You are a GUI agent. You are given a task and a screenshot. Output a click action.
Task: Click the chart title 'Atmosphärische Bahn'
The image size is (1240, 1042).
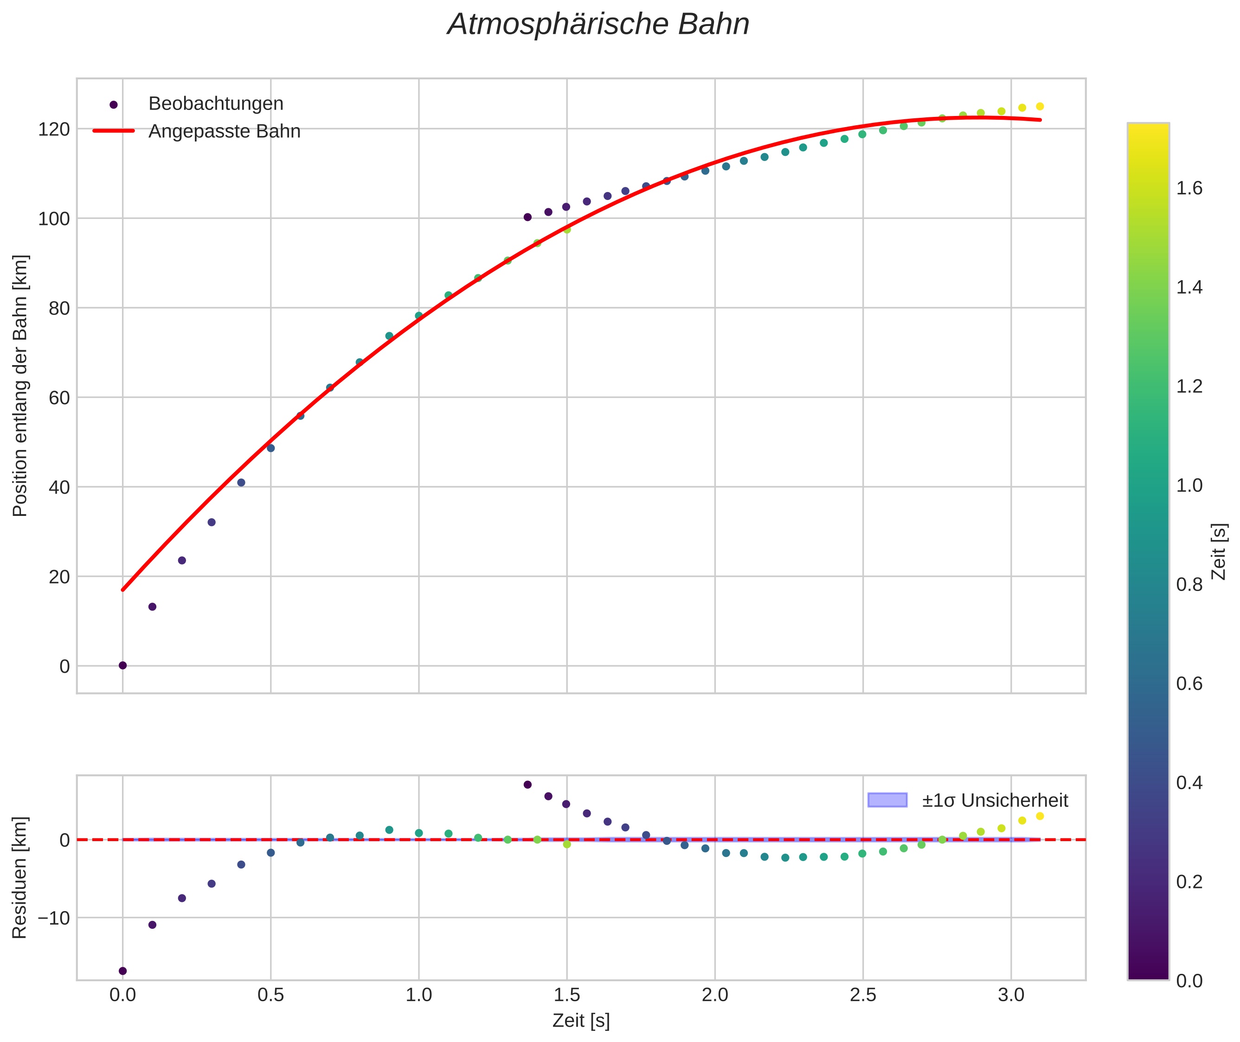598,25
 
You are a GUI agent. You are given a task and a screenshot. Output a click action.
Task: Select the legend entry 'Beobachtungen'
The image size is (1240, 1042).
216,104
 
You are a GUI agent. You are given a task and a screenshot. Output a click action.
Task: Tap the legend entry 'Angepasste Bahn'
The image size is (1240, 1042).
224,131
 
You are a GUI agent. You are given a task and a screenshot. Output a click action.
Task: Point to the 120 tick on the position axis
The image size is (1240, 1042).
54,129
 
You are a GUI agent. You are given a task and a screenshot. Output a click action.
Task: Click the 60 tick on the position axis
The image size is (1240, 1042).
59,398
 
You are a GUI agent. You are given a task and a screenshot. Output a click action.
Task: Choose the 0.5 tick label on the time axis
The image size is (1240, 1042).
270,995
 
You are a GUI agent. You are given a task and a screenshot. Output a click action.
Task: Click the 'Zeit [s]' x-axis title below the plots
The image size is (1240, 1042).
581,1021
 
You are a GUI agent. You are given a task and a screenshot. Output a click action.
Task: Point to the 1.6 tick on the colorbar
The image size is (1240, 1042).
1189,188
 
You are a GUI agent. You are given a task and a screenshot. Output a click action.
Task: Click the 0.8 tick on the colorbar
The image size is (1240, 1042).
1189,585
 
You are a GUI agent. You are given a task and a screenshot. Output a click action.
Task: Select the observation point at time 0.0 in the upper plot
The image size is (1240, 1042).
123,665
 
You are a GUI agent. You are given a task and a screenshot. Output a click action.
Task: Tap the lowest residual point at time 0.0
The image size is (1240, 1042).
123,971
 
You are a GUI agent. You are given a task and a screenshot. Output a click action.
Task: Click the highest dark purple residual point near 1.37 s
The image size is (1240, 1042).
527,785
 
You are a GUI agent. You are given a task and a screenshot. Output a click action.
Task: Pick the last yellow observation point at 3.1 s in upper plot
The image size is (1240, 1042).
1040,106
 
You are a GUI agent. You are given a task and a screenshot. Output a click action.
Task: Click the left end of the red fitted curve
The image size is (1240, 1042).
123,590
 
